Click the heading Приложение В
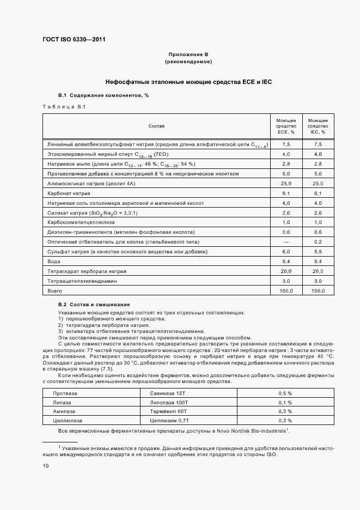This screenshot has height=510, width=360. coord(188,54)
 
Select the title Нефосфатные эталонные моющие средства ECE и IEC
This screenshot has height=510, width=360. coord(188,82)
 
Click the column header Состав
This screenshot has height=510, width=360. coord(156,126)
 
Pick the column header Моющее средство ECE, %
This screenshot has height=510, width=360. coord(286,126)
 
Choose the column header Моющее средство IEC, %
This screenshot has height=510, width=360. coord(318,126)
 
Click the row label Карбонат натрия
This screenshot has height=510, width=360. coord(69,193)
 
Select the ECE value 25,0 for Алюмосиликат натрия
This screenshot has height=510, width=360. coord(286,184)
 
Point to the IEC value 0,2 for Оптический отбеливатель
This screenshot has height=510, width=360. coord(318,241)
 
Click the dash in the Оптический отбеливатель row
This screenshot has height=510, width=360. coord(286,241)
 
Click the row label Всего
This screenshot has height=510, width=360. coord(54,291)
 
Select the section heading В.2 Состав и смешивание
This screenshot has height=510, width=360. coord(94,304)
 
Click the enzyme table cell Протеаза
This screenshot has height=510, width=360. coord(65,393)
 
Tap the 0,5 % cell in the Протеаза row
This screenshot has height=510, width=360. coord(285,393)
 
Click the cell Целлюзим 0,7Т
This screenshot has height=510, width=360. coord(165,421)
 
